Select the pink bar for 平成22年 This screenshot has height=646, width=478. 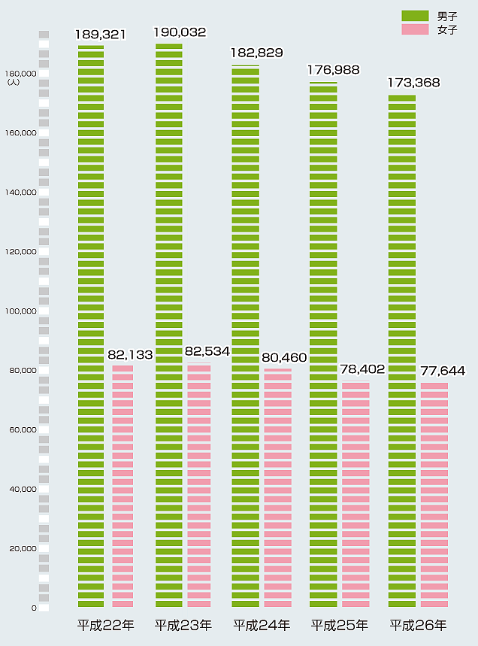coord(123,486)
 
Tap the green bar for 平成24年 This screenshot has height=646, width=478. coord(245,336)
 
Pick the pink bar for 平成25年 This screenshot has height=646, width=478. coord(355,494)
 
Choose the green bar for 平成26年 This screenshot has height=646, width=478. coord(402,350)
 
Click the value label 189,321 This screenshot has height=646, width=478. coord(100,34)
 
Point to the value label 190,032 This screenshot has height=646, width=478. coord(180,32)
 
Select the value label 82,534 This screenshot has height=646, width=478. coord(207,351)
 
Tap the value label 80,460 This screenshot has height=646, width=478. coord(285,357)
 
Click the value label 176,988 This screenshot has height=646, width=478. coord(333,69)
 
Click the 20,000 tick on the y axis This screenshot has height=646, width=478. coord(23,549)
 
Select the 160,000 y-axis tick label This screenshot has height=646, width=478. coord(21,133)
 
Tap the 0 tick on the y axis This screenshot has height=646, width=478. coord(34,608)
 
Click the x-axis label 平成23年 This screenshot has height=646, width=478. coord(183,625)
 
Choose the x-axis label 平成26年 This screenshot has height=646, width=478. coord(418,625)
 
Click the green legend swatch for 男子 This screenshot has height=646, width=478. coord(415,16)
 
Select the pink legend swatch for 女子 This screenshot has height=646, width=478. coord(415,29)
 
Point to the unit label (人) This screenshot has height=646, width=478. coord(13,82)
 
